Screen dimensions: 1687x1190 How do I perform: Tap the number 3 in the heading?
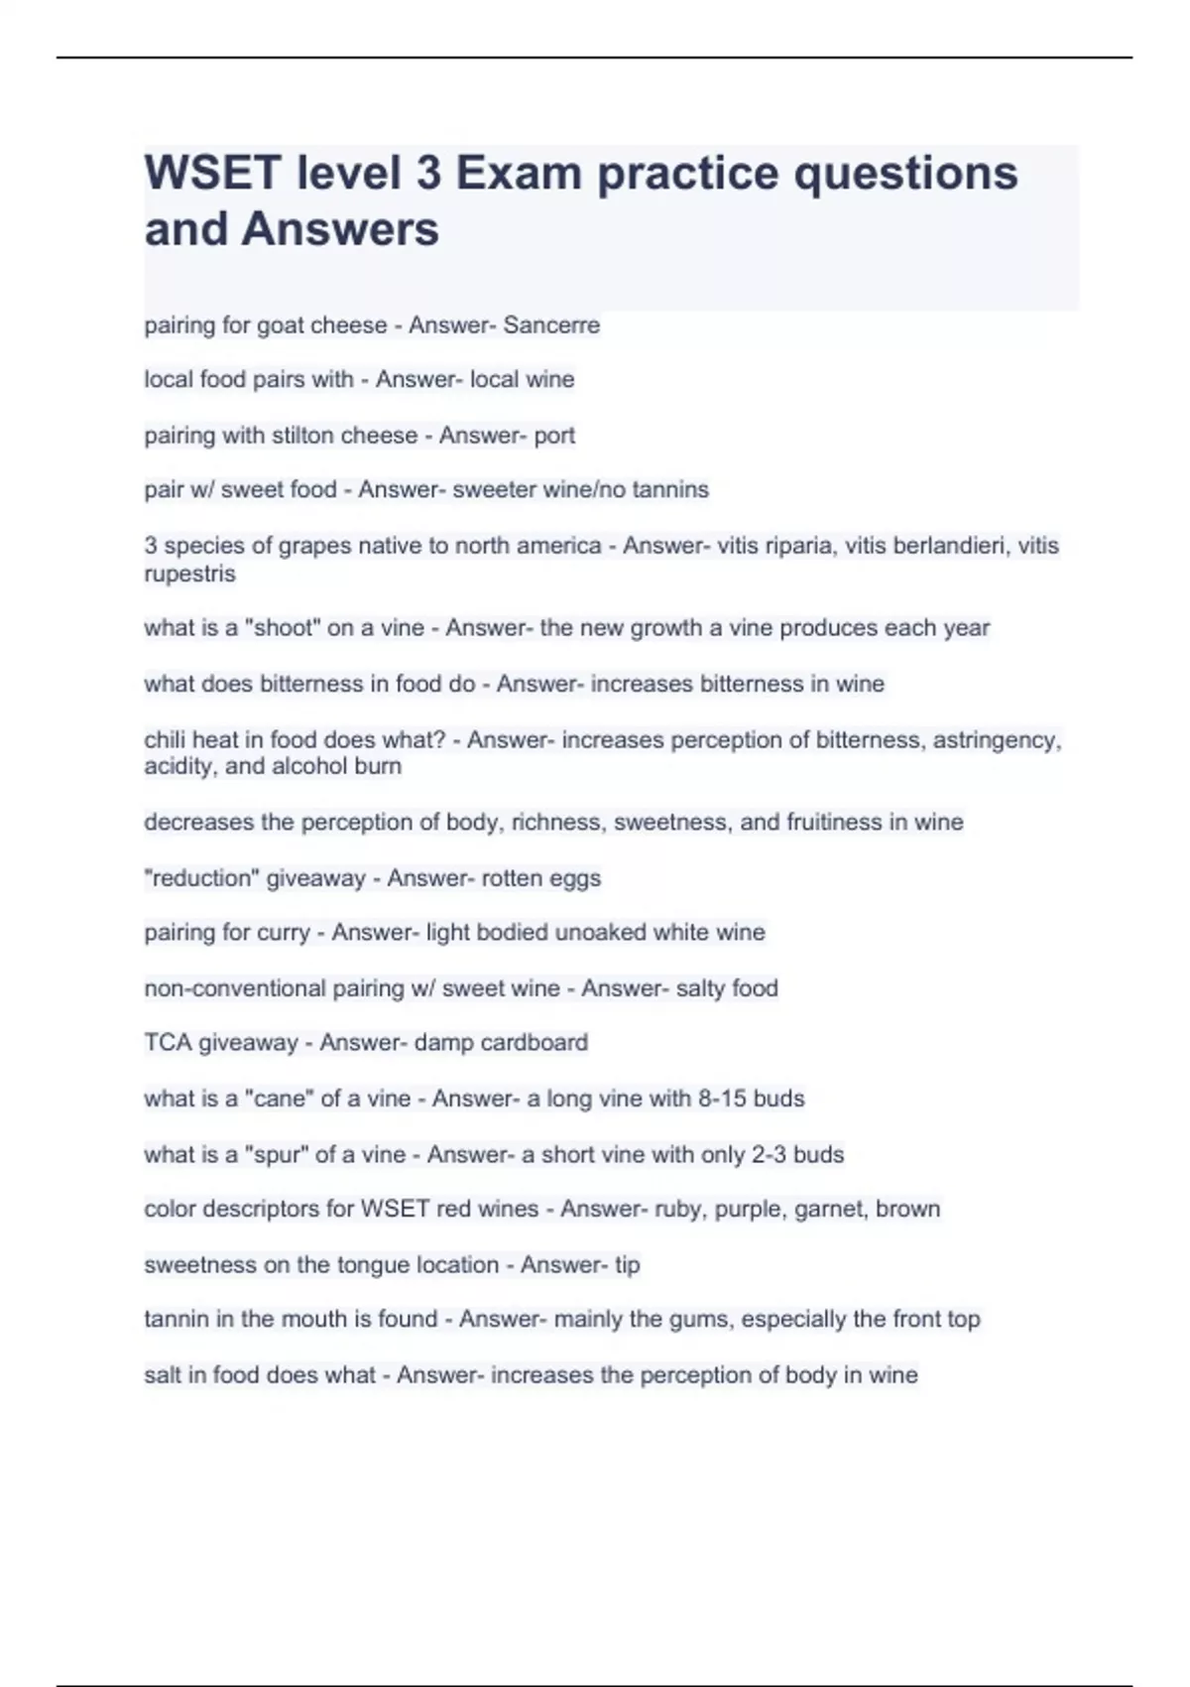[x=428, y=174]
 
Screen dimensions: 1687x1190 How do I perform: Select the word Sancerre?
[x=551, y=325]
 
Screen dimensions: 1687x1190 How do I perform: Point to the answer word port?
[x=554, y=436]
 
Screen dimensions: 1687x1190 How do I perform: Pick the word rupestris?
[x=189, y=574]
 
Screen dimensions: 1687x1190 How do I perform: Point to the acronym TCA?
[x=168, y=1043]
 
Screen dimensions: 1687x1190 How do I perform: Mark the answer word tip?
[x=628, y=1264]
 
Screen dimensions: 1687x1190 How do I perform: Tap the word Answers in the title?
[x=340, y=229]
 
